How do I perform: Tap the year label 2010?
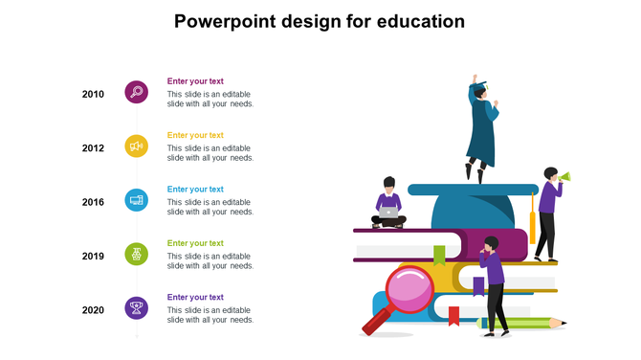click(x=93, y=94)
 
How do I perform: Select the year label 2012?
click(x=93, y=148)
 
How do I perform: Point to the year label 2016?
click(x=93, y=202)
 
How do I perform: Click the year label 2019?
click(x=93, y=257)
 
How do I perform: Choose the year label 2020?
click(x=93, y=310)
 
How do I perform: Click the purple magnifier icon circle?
click(x=137, y=92)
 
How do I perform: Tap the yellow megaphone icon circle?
click(x=137, y=146)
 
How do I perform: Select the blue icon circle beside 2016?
click(x=137, y=200)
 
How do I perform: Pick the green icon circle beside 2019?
click(x=137, y=255)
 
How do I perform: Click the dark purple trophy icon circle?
click(x=137, y=308)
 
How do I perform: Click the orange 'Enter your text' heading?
click(x=195, y=135)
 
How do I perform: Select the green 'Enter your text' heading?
click(x=195, y=243)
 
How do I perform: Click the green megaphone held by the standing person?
click(x=565, y=176)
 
